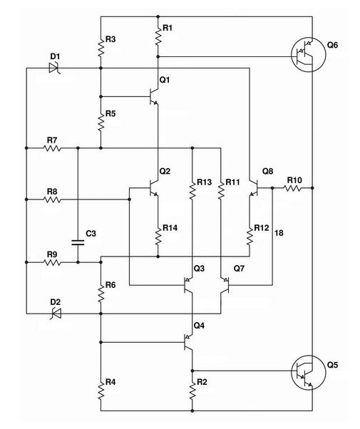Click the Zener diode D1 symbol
55,68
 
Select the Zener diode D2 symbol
56,314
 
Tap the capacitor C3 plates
78,242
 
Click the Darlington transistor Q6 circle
308,55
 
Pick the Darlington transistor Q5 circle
308,373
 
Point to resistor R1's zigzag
158,35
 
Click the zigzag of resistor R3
101,46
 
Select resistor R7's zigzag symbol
52,148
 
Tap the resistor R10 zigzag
292,188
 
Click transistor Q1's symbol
154,97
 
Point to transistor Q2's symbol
154,188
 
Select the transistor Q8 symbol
254,188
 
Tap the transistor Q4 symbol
188,342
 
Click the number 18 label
279,233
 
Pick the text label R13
204,182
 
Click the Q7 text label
239,269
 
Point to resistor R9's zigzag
52,262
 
